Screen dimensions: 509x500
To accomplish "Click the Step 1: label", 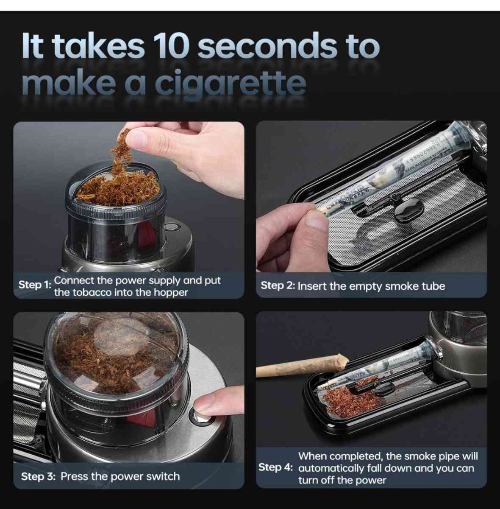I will pyautogui.click(x=34, y=285).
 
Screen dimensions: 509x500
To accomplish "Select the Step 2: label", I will pyautogui.click(x=277, y=285).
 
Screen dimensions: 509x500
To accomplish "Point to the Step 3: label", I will pyautogui.click(x=38, y=476).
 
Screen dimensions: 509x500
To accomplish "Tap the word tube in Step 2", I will pyautogui.click(x=433, y=286).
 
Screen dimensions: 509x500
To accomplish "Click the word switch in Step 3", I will pyautogui.click(x=163, y=476).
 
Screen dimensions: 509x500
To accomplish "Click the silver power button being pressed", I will pyautogui.click(x=200, y=415).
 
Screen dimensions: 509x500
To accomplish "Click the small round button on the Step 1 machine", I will pyautogui.click(x=170, y=227).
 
